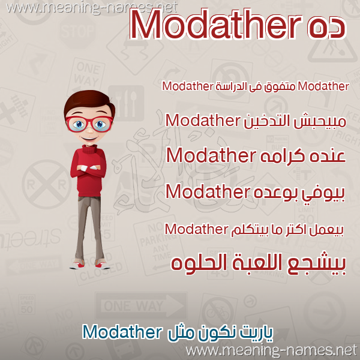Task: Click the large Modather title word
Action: pos(215,25)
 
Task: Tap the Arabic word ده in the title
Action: pos(326,28)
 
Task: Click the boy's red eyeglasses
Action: pos(89,124)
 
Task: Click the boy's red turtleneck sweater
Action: pos(89,170)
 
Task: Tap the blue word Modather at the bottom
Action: pos(122,332)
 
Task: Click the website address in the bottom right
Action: pos(271,350)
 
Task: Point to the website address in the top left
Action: pos(91,8)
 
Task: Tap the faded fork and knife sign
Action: pos(126,103)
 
